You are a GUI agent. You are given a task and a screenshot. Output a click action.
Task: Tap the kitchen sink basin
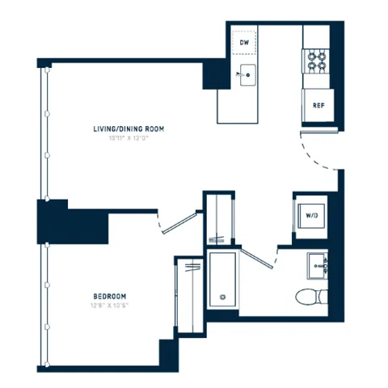tap(246, 76)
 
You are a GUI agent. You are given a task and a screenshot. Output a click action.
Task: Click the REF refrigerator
tap(318, 104)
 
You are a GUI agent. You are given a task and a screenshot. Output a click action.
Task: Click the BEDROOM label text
tap(109, 297)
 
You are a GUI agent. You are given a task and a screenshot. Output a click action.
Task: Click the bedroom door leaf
tap(182, 222)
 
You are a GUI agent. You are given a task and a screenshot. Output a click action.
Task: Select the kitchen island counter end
tap(234, 105)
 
